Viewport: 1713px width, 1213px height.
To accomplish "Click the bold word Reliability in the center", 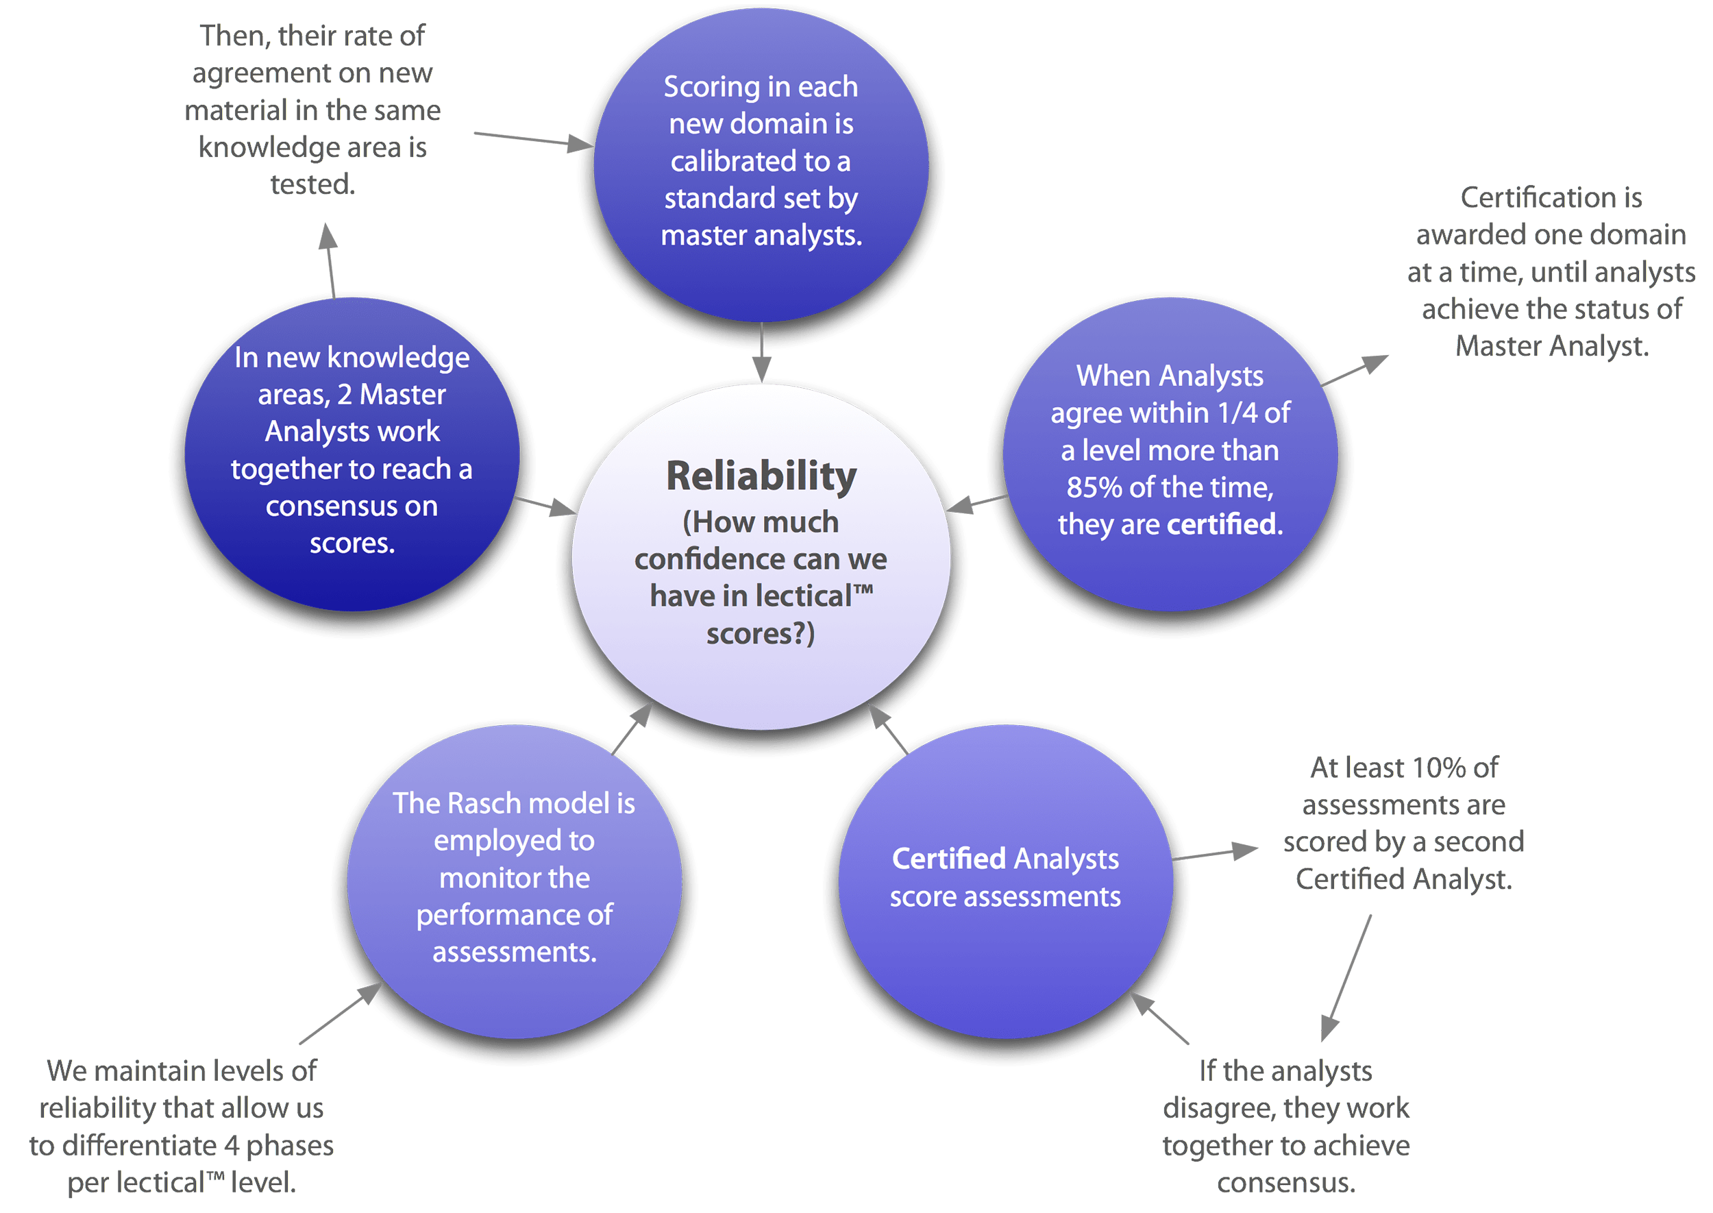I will (x=761, y=476).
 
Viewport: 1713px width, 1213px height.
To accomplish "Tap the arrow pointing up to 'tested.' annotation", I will (x=330, y=261).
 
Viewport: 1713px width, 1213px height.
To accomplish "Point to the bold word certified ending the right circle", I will (x=1222, y=525).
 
